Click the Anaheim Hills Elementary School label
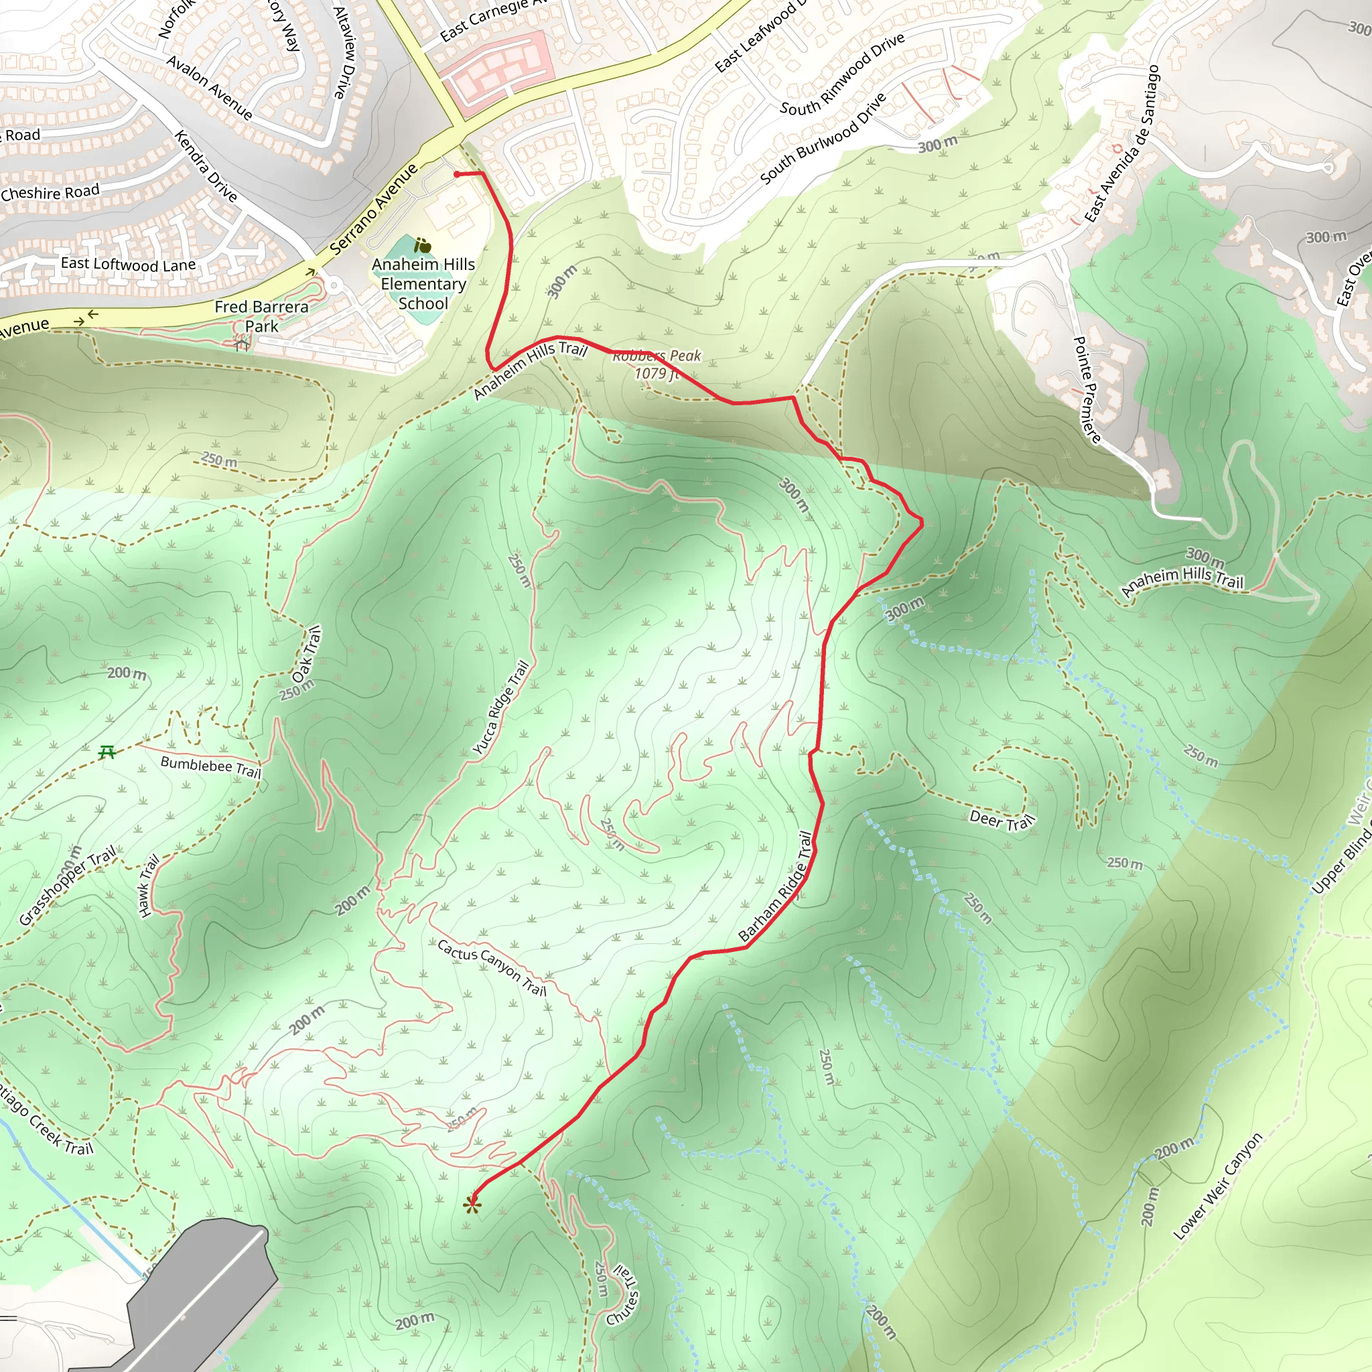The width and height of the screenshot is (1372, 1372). point(423,283)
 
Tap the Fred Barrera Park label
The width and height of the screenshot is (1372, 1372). point(261,316)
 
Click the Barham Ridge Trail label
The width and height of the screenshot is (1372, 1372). point(776,887)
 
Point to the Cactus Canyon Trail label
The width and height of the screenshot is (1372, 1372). point(492,967)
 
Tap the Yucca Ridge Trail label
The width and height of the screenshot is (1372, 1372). point(500,707)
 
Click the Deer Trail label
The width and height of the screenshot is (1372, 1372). point(1002,820)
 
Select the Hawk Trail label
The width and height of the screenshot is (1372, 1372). point(147,886)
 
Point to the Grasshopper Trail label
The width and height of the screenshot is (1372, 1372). point(67,886)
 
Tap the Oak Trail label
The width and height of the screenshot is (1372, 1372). point(307,654)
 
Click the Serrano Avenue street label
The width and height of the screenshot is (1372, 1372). point(374,209)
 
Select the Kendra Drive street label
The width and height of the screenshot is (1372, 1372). point(206,165)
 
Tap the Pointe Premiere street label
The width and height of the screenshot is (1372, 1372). point(1087,390)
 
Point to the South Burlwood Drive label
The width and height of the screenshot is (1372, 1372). point(823,139)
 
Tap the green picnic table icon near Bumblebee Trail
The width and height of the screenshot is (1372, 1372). point(107,752)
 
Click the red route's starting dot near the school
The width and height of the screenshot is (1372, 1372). point(457,174)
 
